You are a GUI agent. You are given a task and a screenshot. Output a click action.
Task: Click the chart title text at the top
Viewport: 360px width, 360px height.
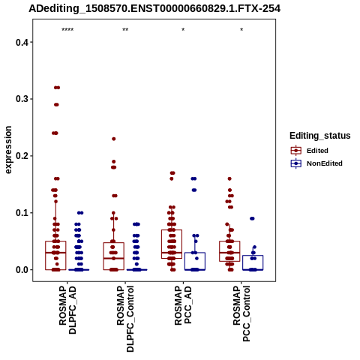click(x=154, y=9)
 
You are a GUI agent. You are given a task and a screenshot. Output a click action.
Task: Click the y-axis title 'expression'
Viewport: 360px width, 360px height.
click(x=8, y=150)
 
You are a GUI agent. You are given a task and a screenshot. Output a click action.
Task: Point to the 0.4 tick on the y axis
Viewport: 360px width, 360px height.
click(x=22, y=42)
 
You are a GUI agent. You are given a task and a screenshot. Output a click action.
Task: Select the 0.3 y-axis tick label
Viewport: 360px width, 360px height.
click(x=22, y=99)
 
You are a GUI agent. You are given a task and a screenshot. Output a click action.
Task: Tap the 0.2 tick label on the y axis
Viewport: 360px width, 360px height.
click(x=22, y=156)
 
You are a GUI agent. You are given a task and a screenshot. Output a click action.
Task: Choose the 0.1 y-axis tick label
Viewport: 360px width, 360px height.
click(x=22, y=213)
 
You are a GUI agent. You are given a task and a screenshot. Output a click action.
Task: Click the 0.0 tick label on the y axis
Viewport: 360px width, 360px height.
click(x=22, y=270)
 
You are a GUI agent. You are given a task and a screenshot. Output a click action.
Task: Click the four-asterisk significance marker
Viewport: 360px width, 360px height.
click(x=67, y=30)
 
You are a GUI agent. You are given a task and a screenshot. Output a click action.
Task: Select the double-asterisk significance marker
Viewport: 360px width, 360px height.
click(x=125, y=30)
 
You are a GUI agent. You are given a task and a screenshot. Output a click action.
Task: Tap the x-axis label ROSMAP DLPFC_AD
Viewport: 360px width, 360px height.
click(x=67, y=310)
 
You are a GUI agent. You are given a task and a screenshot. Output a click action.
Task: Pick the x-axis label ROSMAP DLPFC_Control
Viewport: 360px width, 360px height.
click(x=125, y=319)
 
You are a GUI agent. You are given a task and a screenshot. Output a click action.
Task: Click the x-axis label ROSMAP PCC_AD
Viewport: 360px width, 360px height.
click(x=183, y=305)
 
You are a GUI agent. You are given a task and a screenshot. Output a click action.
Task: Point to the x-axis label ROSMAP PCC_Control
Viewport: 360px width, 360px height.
click(x=241, y=313)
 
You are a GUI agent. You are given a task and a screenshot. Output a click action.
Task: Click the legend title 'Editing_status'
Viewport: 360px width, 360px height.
click(x=320, y=136)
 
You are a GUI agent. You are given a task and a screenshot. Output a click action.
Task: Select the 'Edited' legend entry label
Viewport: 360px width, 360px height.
click(x=317, y=151)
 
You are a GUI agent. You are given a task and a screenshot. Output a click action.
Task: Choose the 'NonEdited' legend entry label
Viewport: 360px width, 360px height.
click(x=325, y=163)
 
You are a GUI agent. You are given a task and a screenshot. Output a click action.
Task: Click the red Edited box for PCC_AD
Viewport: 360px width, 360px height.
click(x=172, y=230)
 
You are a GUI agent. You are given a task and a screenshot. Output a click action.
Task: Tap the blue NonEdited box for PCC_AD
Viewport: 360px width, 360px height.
click(x=195, y=253)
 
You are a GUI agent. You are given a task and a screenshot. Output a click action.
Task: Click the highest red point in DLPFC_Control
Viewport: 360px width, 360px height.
click(x=114, y=139)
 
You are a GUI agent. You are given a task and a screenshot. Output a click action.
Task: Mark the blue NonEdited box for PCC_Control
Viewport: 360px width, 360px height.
click(x=253, y=256)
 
